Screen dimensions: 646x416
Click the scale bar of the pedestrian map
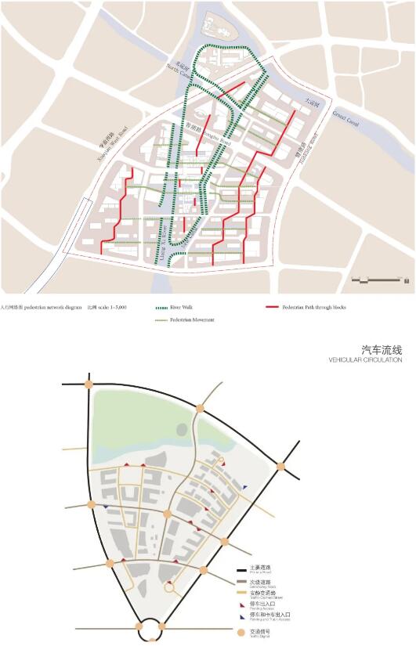coord(381,279)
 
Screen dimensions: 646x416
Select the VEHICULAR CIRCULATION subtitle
coord(365,361)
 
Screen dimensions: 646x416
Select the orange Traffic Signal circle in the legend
coord(242,631)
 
